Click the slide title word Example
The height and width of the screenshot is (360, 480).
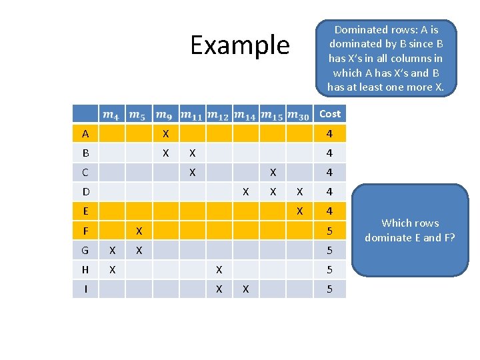[x=240, y=45]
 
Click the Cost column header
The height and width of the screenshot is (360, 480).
[x=329, y=114]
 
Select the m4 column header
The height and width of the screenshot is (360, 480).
[x=112, y=115]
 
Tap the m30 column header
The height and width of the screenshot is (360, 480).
[x=300, y=115]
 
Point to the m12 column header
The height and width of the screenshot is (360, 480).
[x=219, y=115]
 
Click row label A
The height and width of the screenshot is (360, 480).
[x=85, y=134]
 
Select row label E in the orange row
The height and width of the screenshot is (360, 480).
[x=85, y=211]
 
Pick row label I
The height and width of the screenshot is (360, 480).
[x=85, y=289]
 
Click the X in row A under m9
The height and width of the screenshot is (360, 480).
[x=166, y=134]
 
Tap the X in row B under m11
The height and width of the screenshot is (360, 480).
[x=192, y=153]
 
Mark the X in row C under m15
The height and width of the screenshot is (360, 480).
[x=273, y=173]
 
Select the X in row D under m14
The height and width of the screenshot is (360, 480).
[x=246, y=192]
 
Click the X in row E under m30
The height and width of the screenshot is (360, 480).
[x=299, y=211]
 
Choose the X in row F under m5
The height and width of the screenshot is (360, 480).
[x=139, y=231]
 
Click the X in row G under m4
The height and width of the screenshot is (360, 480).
[x=112, y=251]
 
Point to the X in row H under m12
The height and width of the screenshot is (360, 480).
[x=219, y=270]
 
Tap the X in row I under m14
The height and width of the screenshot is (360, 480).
[x=246, y=289]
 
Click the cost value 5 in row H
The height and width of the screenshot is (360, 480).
[x=329, y=270]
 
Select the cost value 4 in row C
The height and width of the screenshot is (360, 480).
[x=329, y=173]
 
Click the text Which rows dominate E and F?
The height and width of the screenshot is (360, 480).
[x=410, y=230]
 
